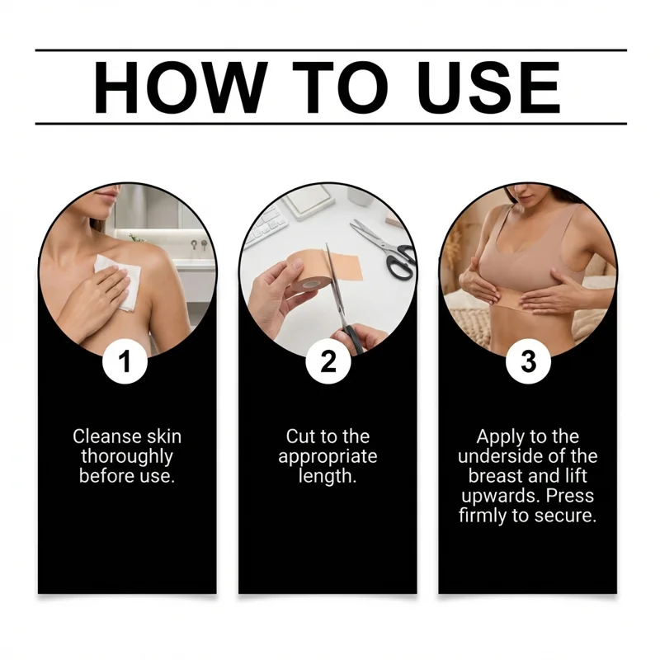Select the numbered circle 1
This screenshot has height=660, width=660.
point(125,361)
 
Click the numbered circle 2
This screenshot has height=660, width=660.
point(328,361)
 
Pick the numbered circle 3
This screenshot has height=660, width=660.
point(528,361)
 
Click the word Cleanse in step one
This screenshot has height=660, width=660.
point(107,436)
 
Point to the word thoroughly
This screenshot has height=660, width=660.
point(127,457)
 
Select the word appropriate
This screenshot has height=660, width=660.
point(328,458)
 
